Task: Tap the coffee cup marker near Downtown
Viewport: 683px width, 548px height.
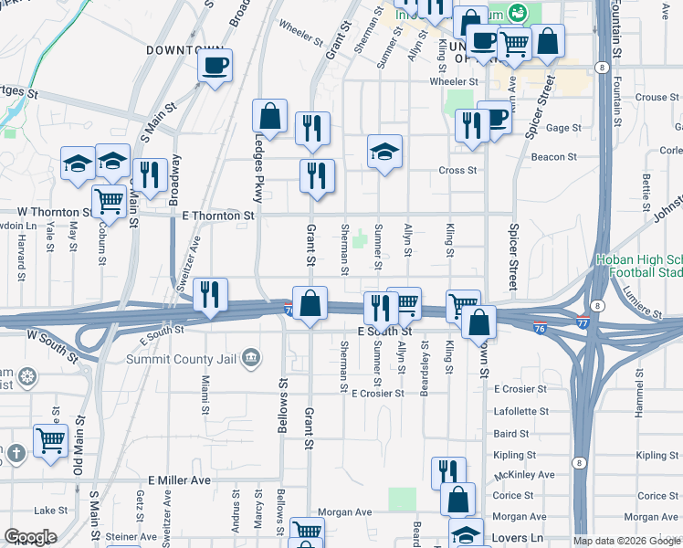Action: [x=215, y=66]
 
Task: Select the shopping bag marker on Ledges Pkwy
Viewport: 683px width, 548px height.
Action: [x=270, y=116]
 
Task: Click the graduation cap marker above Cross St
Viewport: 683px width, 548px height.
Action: [x=385, y=152]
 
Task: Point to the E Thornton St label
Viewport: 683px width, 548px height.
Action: [x=217, y=216]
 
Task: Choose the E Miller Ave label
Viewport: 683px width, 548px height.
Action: [x=179, y=479]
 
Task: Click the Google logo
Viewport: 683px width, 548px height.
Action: [x=30, y=537]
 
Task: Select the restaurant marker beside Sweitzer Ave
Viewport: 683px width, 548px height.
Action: [x=211, y=294]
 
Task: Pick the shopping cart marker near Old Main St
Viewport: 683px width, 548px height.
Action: [x=50, y=440]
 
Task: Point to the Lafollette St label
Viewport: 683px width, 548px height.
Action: [x=520, y=411]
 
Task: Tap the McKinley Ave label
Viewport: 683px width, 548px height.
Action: [x=523, y=475]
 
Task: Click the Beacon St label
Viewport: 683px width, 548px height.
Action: [x=553, y=157]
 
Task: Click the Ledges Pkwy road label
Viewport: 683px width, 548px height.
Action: [x=257, y=166]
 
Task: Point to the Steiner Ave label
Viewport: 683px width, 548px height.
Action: [x=131, y=536]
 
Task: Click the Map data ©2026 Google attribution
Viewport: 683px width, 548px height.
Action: [x=625, y=542]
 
